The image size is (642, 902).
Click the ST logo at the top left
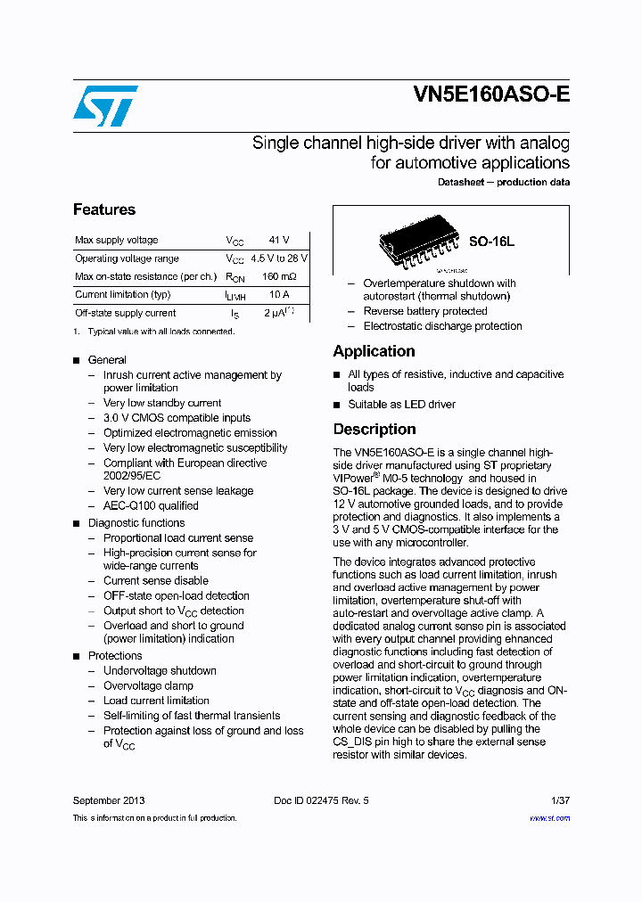(105, 106)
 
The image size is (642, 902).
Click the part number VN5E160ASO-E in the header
(491, 95)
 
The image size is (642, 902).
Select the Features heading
(104, 209)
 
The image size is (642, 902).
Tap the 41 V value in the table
(278, 240)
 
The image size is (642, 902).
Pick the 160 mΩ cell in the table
(278, 276)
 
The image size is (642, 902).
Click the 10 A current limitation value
(278, 294)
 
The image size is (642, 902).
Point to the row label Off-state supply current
(126, 313)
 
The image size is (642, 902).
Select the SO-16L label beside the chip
(491, 242)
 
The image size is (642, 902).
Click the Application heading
(374, 351)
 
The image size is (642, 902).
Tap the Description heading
(374, 429)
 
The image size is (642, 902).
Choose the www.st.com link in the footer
(549, 817)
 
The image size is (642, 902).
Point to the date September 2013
(109, 800)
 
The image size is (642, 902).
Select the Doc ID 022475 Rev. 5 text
(321, 800)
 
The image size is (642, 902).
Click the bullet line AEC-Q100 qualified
(151, 505)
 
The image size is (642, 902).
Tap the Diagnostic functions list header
(136, 523)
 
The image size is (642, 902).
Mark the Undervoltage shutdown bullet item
(160, 670)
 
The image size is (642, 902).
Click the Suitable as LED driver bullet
(401, 404)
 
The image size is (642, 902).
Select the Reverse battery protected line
(425, 311)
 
